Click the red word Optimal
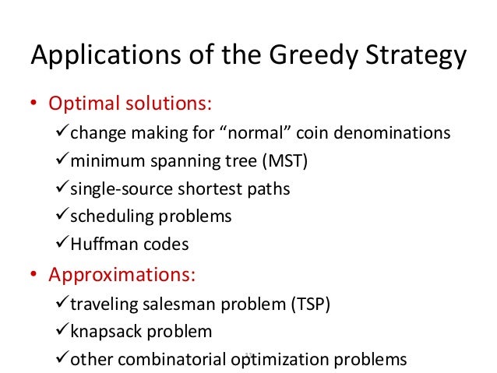point(82,104)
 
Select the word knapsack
point(103,332)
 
